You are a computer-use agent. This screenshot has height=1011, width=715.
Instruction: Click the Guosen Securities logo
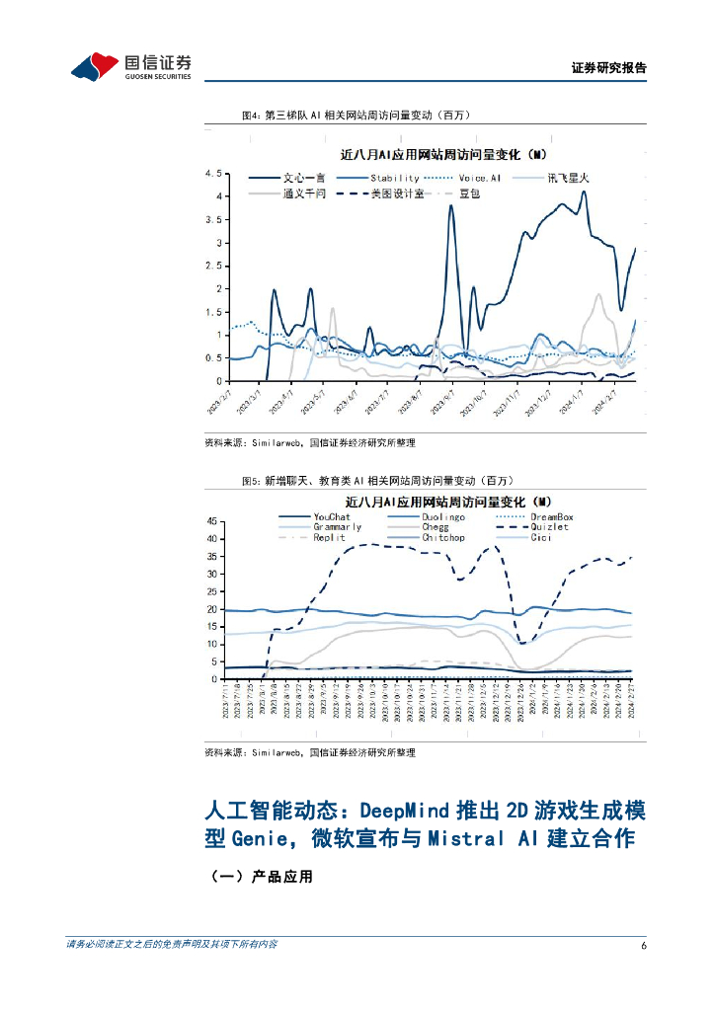coord(130,66)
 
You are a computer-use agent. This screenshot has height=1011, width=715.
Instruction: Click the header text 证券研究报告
coord(609,68)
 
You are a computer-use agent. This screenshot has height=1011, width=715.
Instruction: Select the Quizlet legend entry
coord(549,527)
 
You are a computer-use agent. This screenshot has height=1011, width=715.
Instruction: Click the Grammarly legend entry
coord(338,527)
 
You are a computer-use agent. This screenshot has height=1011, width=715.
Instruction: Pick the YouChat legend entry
coord(332,516)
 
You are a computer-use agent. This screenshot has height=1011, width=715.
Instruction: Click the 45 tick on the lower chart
coord(212,521)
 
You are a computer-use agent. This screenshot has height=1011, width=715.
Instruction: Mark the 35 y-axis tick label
coord(212,557)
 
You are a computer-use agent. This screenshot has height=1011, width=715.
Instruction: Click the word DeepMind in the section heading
coord(404,811)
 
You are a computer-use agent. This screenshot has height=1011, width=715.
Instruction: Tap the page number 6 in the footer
coord(643,945)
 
